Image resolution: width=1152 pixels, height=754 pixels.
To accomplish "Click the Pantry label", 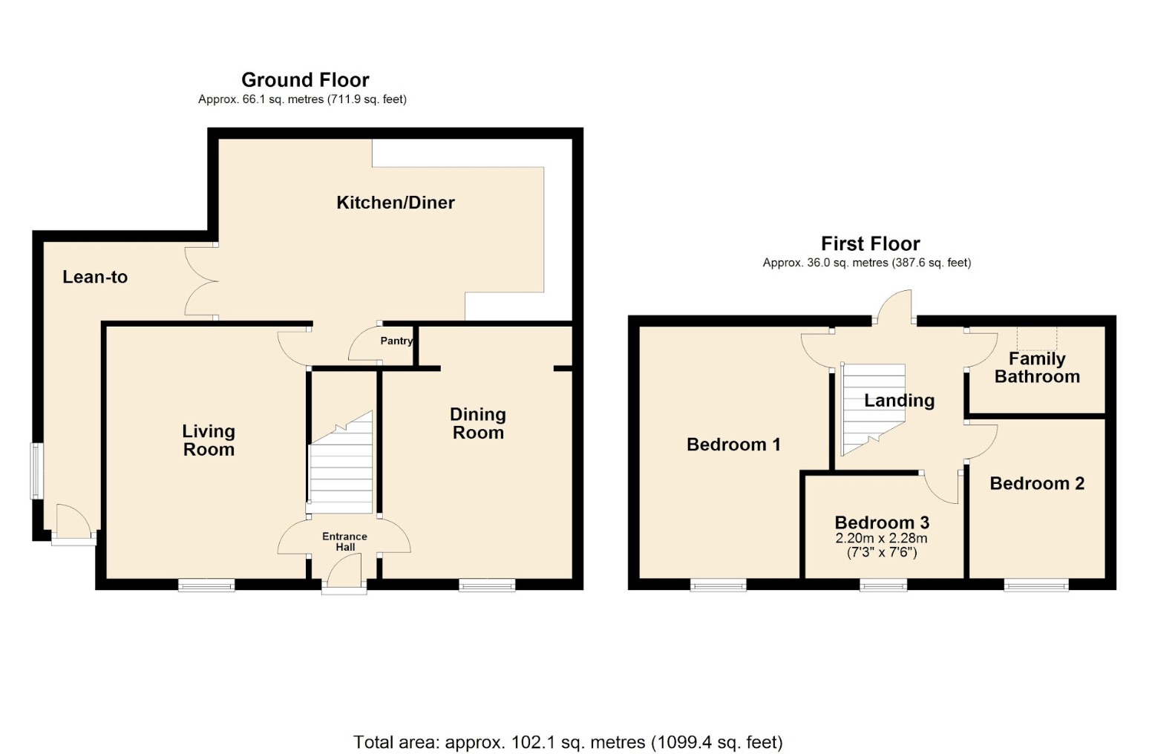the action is (396, 341).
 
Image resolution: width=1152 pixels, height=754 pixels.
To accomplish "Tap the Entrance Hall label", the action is (344, 542).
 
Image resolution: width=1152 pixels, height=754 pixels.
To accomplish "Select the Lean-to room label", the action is (95, 277).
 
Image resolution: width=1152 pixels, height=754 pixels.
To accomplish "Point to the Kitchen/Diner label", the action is (396, 202).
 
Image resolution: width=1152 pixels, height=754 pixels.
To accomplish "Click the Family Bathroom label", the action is (1037, 367).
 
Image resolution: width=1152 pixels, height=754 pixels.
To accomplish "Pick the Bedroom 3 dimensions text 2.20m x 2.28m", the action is (882, 539).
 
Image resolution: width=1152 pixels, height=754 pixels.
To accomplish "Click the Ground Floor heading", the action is (305, 79).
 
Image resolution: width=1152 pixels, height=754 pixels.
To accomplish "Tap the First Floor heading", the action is (870, 243).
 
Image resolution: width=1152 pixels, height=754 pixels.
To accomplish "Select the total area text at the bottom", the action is (568, 742).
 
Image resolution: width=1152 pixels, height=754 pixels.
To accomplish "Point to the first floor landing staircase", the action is (873, 410).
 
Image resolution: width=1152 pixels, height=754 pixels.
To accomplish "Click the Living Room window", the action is (206, 586).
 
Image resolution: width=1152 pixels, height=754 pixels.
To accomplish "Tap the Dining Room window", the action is (487, 586).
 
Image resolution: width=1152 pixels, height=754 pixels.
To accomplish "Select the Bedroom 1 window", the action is (718, 586).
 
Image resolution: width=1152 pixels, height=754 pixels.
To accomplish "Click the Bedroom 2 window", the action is (1036, 586).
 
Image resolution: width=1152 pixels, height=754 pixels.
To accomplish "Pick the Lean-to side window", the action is (36, 471).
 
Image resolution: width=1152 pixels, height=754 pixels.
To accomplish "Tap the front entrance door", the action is (344, 574).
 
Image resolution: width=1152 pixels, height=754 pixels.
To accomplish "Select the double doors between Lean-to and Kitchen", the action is (201, 281).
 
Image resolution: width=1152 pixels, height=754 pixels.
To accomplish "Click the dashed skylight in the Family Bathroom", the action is (1037, 338).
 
